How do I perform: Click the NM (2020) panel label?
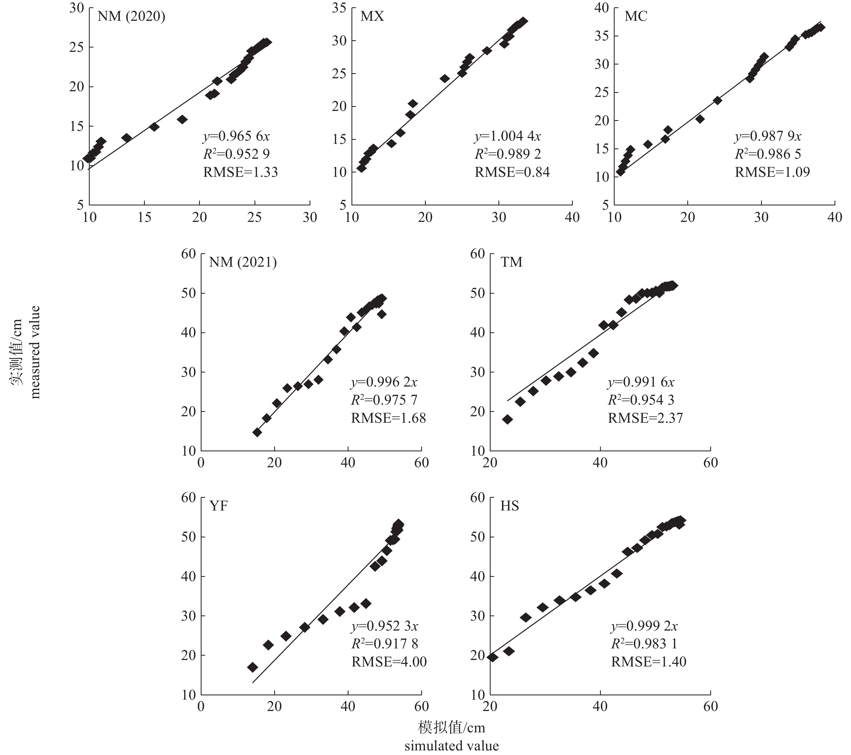point(131,17)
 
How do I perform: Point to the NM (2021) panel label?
point(243,262)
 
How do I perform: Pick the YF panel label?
point(219,506)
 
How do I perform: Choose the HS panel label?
point(510,506)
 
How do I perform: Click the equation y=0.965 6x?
point(236,136)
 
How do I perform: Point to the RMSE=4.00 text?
point(389,662)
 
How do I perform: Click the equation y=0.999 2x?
point(644,626)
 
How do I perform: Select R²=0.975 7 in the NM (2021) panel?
point(384,400)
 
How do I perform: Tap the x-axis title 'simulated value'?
point(451,746)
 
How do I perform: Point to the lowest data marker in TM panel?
point(508,419)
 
